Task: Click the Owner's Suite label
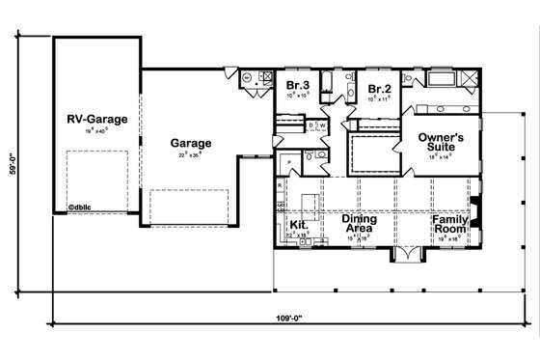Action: click(442, 144)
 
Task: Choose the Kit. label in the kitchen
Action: click(298, 224)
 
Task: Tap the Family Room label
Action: click(449, 224)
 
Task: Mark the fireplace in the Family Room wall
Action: click(474, 207)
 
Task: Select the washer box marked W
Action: click(322, 125)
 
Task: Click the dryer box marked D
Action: click(310, 125)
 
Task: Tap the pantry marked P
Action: click(288, 162)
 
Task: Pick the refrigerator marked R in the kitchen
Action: click(279, 184)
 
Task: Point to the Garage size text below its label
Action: click(191, 154)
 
